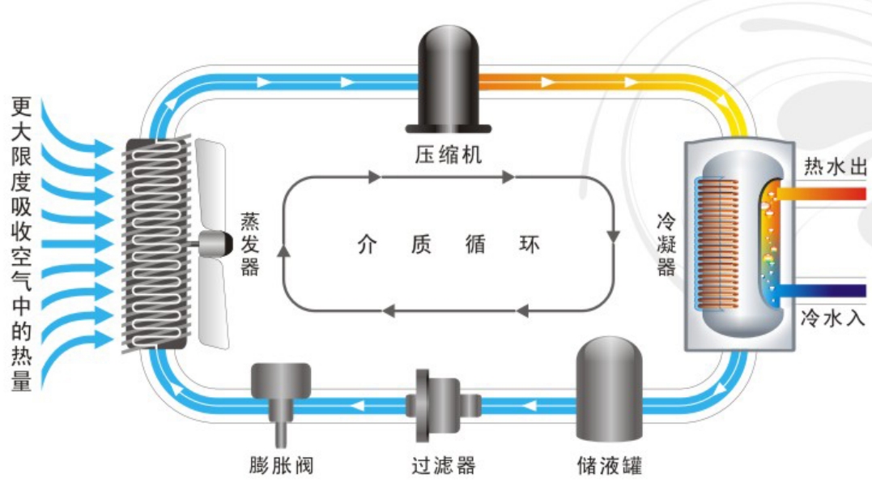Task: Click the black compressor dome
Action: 449,78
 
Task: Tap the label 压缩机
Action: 449,154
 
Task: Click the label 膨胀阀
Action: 282,465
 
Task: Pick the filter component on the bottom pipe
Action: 443,405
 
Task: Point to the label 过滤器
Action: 443,465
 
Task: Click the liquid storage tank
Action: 609,389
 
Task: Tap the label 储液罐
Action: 610,465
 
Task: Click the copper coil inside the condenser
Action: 717,244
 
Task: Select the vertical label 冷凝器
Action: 666,244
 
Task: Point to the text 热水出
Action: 836,166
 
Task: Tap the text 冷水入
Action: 833,318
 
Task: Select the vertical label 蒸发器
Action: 249,244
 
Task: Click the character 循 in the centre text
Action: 475,244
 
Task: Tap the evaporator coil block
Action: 156,244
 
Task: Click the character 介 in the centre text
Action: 367,244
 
